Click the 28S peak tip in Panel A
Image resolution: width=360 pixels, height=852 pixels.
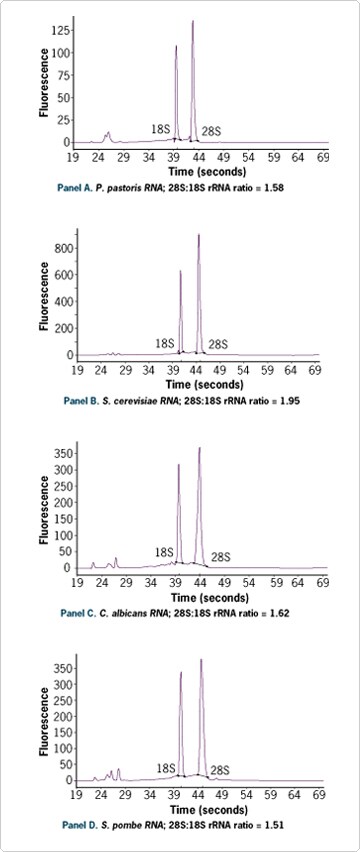[193, 21]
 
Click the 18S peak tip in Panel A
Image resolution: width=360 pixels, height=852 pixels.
[176, 46]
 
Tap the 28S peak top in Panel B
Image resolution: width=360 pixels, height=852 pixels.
[199, 235]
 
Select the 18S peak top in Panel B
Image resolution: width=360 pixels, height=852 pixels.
[181, 271]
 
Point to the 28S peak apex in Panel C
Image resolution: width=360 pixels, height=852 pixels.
[200, 448]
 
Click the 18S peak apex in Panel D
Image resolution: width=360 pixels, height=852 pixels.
[181, 673]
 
